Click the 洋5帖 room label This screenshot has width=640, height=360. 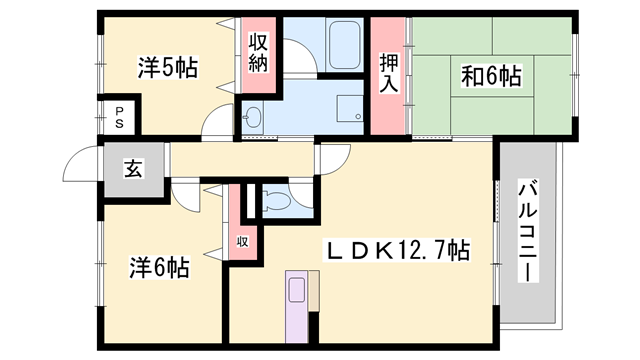click(x=167, y=68)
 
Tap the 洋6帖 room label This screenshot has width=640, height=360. click(x=161, y=267)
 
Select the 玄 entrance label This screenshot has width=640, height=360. click(x=132, y=167)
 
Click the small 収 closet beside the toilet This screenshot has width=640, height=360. click(x=242, y=240)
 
